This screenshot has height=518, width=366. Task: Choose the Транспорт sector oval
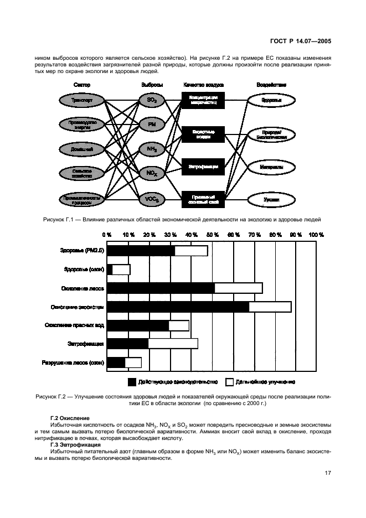click(81, 101)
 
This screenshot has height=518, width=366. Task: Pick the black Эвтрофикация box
click(203, 166)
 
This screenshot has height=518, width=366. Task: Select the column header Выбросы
click(152, 85)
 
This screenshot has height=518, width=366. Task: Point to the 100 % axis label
click(316, 235)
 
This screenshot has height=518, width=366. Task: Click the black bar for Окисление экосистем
click(178, 307)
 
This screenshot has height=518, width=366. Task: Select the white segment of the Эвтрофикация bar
click(173, 344)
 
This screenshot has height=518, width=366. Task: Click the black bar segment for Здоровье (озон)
click(110, 270)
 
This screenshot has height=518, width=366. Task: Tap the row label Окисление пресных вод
click(74, 325)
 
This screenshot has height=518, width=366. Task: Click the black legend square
click(132, 382)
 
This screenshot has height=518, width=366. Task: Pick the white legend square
click(230, 382)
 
